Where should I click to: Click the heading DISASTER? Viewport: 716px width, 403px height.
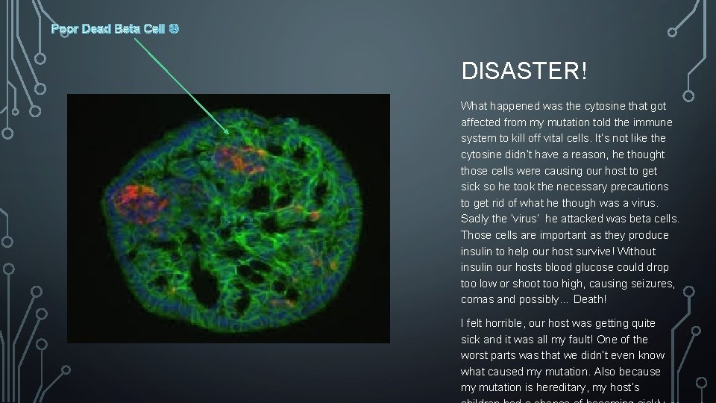524,72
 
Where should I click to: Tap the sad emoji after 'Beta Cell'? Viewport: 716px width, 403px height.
173,29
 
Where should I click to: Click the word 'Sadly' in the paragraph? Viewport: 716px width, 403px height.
476,219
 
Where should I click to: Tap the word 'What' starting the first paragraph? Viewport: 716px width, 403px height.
473,106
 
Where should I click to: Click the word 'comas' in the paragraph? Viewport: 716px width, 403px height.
477,299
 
